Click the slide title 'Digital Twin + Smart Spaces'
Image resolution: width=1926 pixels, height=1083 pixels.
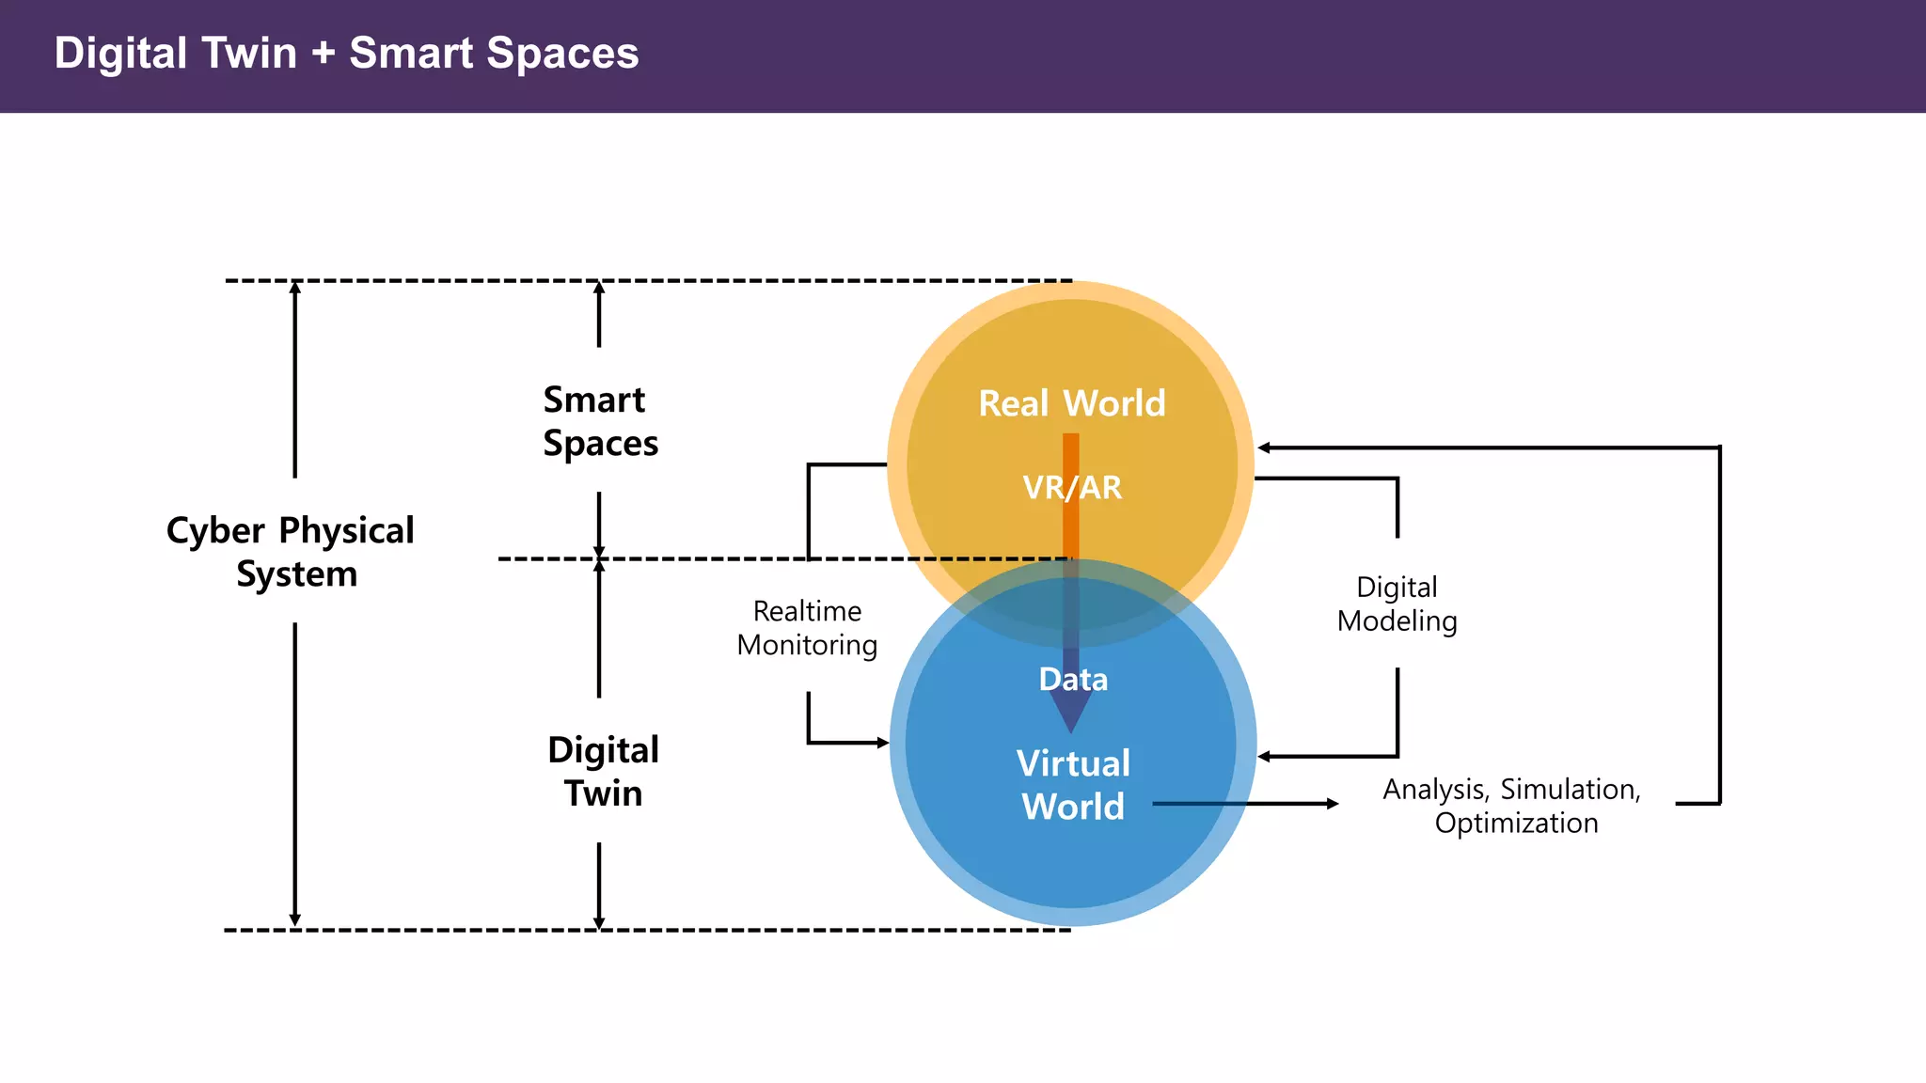(346, 54)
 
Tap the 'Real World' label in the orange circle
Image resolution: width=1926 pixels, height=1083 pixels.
(1072, 403)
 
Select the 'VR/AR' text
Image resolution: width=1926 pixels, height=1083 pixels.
(1072, 487)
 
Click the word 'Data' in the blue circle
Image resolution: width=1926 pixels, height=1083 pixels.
(1073, 679)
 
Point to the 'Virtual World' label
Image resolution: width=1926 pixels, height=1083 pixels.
(1073, 785)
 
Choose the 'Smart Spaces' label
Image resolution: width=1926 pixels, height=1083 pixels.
(600, 421)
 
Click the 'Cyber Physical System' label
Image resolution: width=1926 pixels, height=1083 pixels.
(291, 552)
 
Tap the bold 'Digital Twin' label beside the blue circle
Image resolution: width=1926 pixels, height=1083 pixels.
(603, 771)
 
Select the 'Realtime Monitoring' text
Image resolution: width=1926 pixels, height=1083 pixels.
(807, 628)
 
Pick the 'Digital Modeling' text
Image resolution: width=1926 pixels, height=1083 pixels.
(1397, 604)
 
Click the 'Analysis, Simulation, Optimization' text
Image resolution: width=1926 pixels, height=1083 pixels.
(1512, 806)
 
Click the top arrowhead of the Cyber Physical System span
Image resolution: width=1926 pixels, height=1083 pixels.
(295, 288)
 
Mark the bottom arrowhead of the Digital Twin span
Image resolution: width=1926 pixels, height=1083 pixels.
(599, 922)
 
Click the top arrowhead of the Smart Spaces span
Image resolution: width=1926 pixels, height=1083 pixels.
(599, 288)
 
